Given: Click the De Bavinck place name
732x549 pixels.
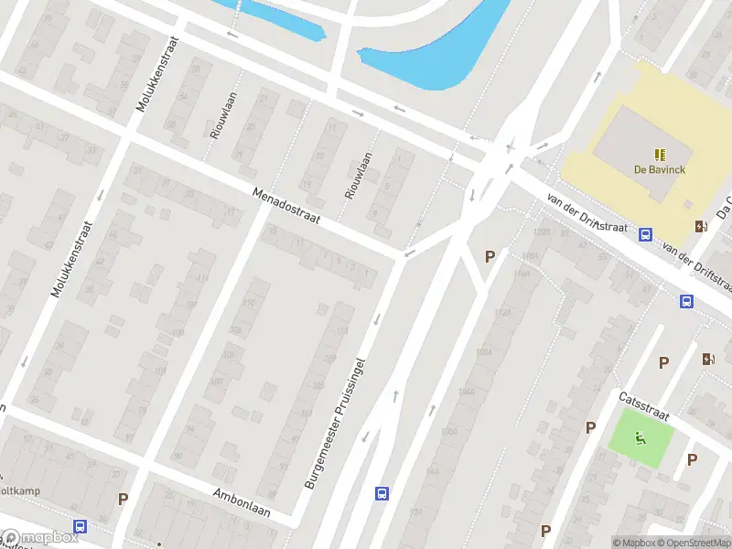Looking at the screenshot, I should pos(659,169).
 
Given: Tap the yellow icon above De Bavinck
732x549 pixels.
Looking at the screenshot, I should pos(659,154).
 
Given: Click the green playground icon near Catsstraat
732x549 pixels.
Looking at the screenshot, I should pos(641,437).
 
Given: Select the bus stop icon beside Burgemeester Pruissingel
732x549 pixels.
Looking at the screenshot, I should pos(382,494).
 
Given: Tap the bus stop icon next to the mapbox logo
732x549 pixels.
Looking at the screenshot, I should pos(81,527).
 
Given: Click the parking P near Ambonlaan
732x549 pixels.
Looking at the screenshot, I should pos(123,499).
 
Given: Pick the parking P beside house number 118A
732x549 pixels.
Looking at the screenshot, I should pos(490,257).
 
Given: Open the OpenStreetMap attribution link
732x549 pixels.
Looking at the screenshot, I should pos(696,543).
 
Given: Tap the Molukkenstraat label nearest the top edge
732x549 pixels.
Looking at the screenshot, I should pos(156,73).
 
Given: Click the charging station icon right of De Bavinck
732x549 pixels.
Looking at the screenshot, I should pos(701,226).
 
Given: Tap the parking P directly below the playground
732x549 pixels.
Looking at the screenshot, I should pos(692,459).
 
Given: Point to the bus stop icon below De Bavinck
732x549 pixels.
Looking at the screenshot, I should pos(646,234).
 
